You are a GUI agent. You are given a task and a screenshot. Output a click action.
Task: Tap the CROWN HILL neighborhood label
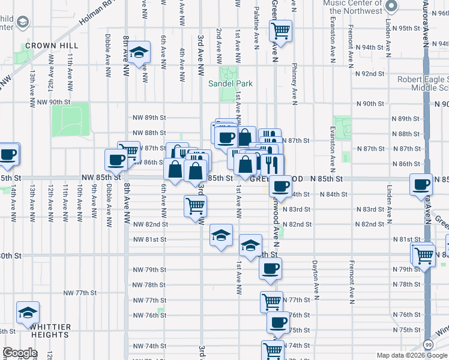coord(49,46)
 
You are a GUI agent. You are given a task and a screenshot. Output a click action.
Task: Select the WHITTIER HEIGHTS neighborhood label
coord(44,331)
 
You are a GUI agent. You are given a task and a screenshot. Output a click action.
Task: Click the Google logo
coord(20,353)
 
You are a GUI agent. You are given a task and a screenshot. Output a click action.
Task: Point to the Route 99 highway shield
coord(427,344)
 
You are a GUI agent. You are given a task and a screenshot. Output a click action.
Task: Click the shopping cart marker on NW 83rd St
coord(196,206)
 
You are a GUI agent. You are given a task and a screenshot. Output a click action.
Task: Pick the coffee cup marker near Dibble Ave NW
coord(116,160)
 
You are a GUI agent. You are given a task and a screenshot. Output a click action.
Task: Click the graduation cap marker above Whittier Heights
coord(28,312)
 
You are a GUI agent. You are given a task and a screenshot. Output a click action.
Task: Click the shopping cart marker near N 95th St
coord(280,29)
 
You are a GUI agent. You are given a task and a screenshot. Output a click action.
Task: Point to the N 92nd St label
coord(370,74)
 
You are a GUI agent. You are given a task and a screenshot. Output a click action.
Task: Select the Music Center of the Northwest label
coord(352,7)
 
